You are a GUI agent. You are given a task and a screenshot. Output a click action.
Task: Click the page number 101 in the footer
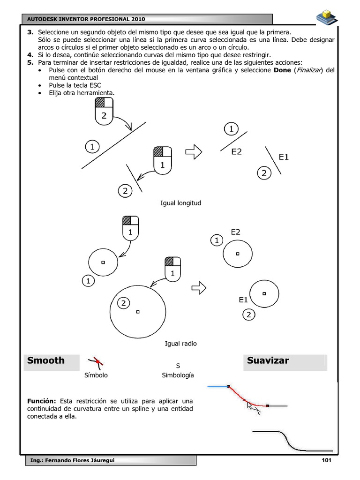pyautogui.click(x=326, y=460)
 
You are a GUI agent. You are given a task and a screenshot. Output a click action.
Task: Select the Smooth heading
pyautogui.click(x=46, y=360)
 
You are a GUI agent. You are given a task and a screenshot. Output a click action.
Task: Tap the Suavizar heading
pyautogui.click(x=268, y=360)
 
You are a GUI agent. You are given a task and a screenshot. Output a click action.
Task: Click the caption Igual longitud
pyautogui.click(x=180, y=203)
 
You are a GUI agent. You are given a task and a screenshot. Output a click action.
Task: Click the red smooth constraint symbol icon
pyautogui.click(x=97, y=361)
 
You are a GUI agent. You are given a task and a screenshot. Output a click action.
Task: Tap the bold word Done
pyautogui.click(x=282, y=70)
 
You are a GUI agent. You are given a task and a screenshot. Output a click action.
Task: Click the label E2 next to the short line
pyautogui.click(x=236, y=151)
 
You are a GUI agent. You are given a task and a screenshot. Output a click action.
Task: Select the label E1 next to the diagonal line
pyautogui.click(x=284, y=157)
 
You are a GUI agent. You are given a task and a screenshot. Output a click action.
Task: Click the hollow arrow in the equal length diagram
pyautogui.click(x=194, y=151)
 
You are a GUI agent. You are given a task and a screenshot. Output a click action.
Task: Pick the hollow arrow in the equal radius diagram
pyautogui.click(x=200, y=287)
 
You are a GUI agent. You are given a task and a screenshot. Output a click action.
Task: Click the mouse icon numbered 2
pyautogui.click(x=104, y=111)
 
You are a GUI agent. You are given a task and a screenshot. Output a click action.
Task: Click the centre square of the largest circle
pyautogui.click(x=137, y=311)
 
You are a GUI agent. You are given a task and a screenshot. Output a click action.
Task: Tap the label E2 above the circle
pyautogui.click(x=235, y=232)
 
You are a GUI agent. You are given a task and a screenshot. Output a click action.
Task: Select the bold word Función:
pyautogui.click(x=42, y=401)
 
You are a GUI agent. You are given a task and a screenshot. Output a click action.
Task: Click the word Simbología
pyautogui.click(x=178, y=375)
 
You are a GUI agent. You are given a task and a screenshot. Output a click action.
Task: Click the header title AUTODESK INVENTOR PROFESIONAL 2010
pyautogui.click(x=87, y=19)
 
